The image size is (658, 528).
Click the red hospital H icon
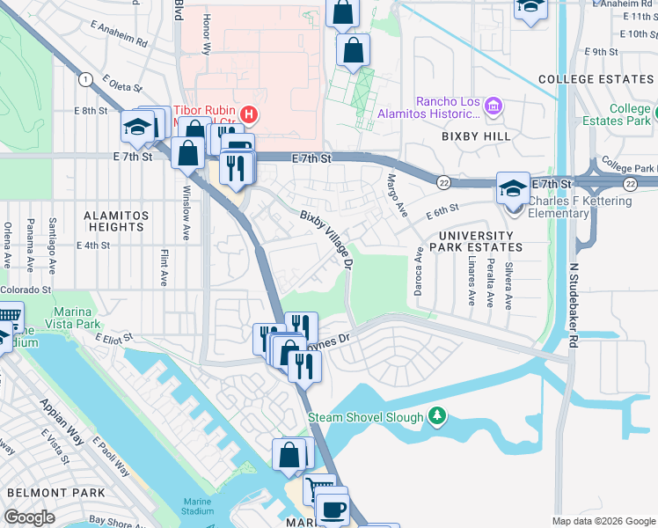250,114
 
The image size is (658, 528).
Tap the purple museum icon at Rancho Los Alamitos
493,107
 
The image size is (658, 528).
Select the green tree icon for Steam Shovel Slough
436,415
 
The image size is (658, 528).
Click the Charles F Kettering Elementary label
580,207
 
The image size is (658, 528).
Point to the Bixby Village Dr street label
327,239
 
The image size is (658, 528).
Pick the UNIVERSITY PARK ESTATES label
475,242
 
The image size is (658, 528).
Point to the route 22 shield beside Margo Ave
444,182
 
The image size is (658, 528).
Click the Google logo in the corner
30,517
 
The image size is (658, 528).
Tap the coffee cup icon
332,510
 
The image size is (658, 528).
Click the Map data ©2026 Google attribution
603,521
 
